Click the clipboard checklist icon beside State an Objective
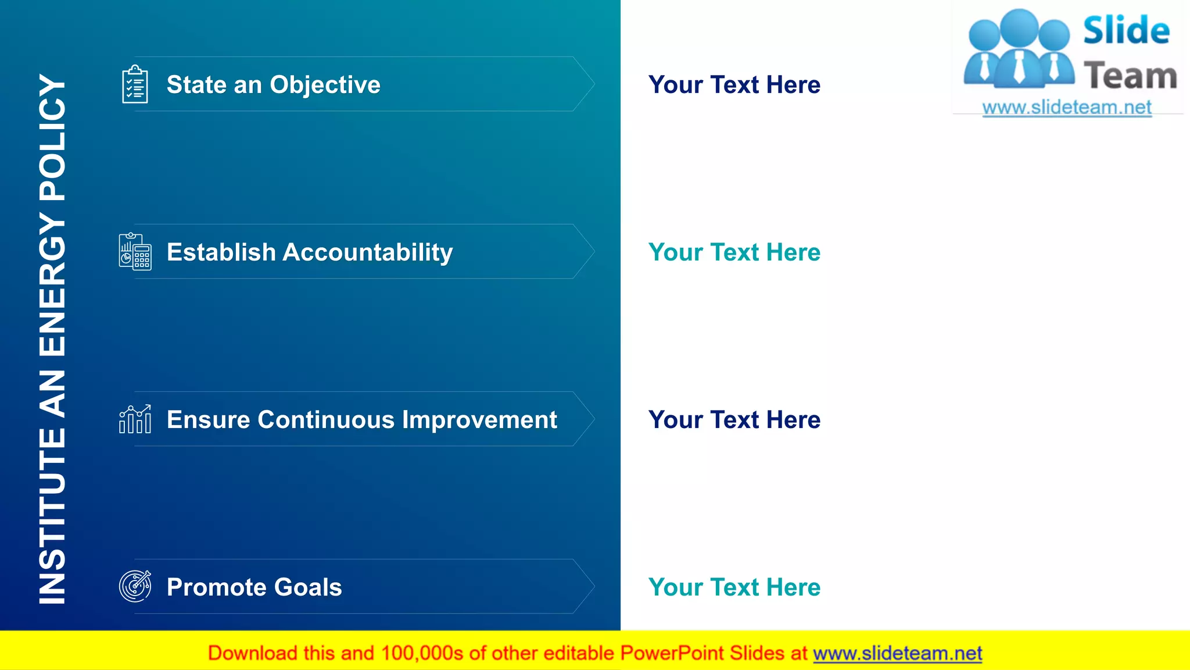135,84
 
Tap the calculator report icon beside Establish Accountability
135,252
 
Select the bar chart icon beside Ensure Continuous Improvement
135,419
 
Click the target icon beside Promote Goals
135,586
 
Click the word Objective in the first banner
325,85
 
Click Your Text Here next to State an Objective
734,85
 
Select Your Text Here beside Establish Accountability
734,252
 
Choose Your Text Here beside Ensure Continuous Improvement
734,420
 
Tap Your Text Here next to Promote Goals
734,587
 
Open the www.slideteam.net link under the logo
1066,108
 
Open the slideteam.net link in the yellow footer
897,654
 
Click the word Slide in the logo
1126,30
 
